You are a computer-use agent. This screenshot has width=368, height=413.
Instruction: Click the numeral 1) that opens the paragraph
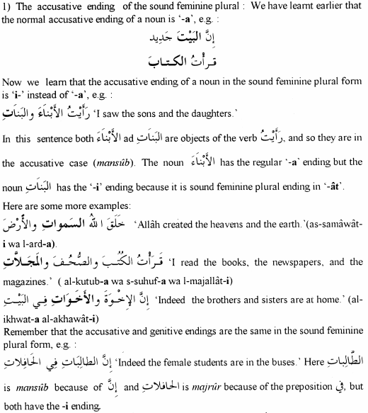click(x=8, y=7)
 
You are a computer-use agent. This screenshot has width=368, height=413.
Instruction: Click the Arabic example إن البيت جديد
click(x=187, y=38)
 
